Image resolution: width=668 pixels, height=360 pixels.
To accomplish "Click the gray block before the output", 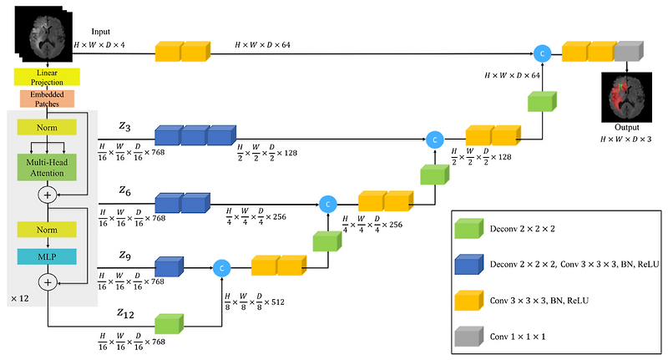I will pyautogui.click(x=630, y=52).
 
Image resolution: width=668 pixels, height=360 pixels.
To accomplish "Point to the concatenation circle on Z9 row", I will pyautogui.click(x=221, y=267).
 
